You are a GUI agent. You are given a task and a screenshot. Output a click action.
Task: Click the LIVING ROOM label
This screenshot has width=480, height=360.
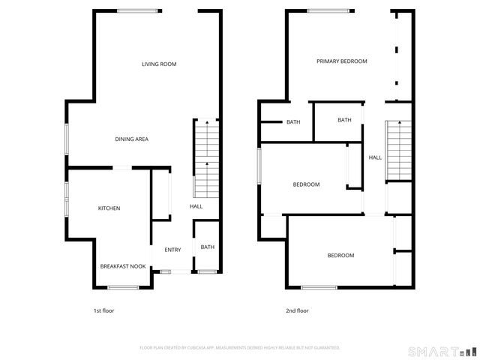coord(159,64)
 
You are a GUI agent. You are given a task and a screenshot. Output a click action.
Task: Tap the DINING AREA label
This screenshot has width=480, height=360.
coord(130,139)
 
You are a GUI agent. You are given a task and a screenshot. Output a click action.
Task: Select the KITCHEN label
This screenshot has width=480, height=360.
coord(109,208)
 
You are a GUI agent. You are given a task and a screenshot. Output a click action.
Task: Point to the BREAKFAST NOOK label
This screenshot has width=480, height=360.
coord(123,266)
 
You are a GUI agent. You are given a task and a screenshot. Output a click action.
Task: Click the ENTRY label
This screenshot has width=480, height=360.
coord(172,250)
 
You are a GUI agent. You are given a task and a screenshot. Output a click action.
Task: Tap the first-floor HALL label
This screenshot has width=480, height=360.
coord(196,207)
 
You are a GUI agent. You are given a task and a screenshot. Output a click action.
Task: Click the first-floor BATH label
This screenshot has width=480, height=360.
coord(207,247)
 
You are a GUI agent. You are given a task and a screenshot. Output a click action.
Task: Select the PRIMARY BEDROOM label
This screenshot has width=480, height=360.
coord(341,61)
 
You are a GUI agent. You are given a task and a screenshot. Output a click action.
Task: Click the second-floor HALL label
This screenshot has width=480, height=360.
coord(375,157)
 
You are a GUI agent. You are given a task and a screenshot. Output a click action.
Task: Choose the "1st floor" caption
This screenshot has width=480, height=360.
coord(103,310)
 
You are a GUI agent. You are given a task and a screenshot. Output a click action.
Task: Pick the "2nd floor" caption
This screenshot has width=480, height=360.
coord(298,310)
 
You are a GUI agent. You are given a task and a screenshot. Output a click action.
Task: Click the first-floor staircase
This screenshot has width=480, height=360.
coord(205,157)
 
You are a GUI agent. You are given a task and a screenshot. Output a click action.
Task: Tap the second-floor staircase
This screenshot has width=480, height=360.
coord(398,150)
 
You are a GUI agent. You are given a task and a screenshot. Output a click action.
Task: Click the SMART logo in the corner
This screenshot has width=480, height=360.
coord(441,350)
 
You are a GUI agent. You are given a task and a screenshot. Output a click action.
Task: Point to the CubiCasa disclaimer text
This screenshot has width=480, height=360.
coord(240,348)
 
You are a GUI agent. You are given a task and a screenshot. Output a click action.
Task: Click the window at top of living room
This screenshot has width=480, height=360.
coord(139,10)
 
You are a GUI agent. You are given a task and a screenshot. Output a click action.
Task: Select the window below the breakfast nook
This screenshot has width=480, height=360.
coord(123,287)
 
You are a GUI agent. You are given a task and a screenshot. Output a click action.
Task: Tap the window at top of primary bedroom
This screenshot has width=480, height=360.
coord(331,10)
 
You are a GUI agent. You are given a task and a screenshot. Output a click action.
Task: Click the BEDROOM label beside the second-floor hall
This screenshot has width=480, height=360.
coord(306,184)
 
